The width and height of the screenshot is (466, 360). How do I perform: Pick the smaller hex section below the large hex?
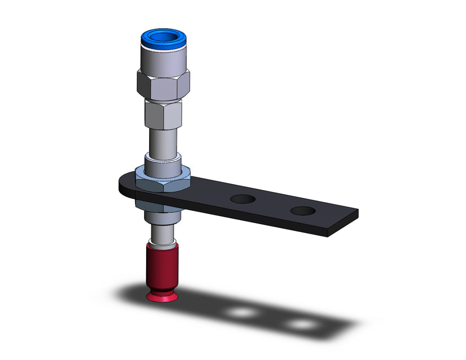[163, 115]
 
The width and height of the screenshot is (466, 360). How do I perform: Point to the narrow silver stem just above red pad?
[163, 237]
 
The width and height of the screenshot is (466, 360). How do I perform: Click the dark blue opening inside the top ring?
[164, 37]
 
